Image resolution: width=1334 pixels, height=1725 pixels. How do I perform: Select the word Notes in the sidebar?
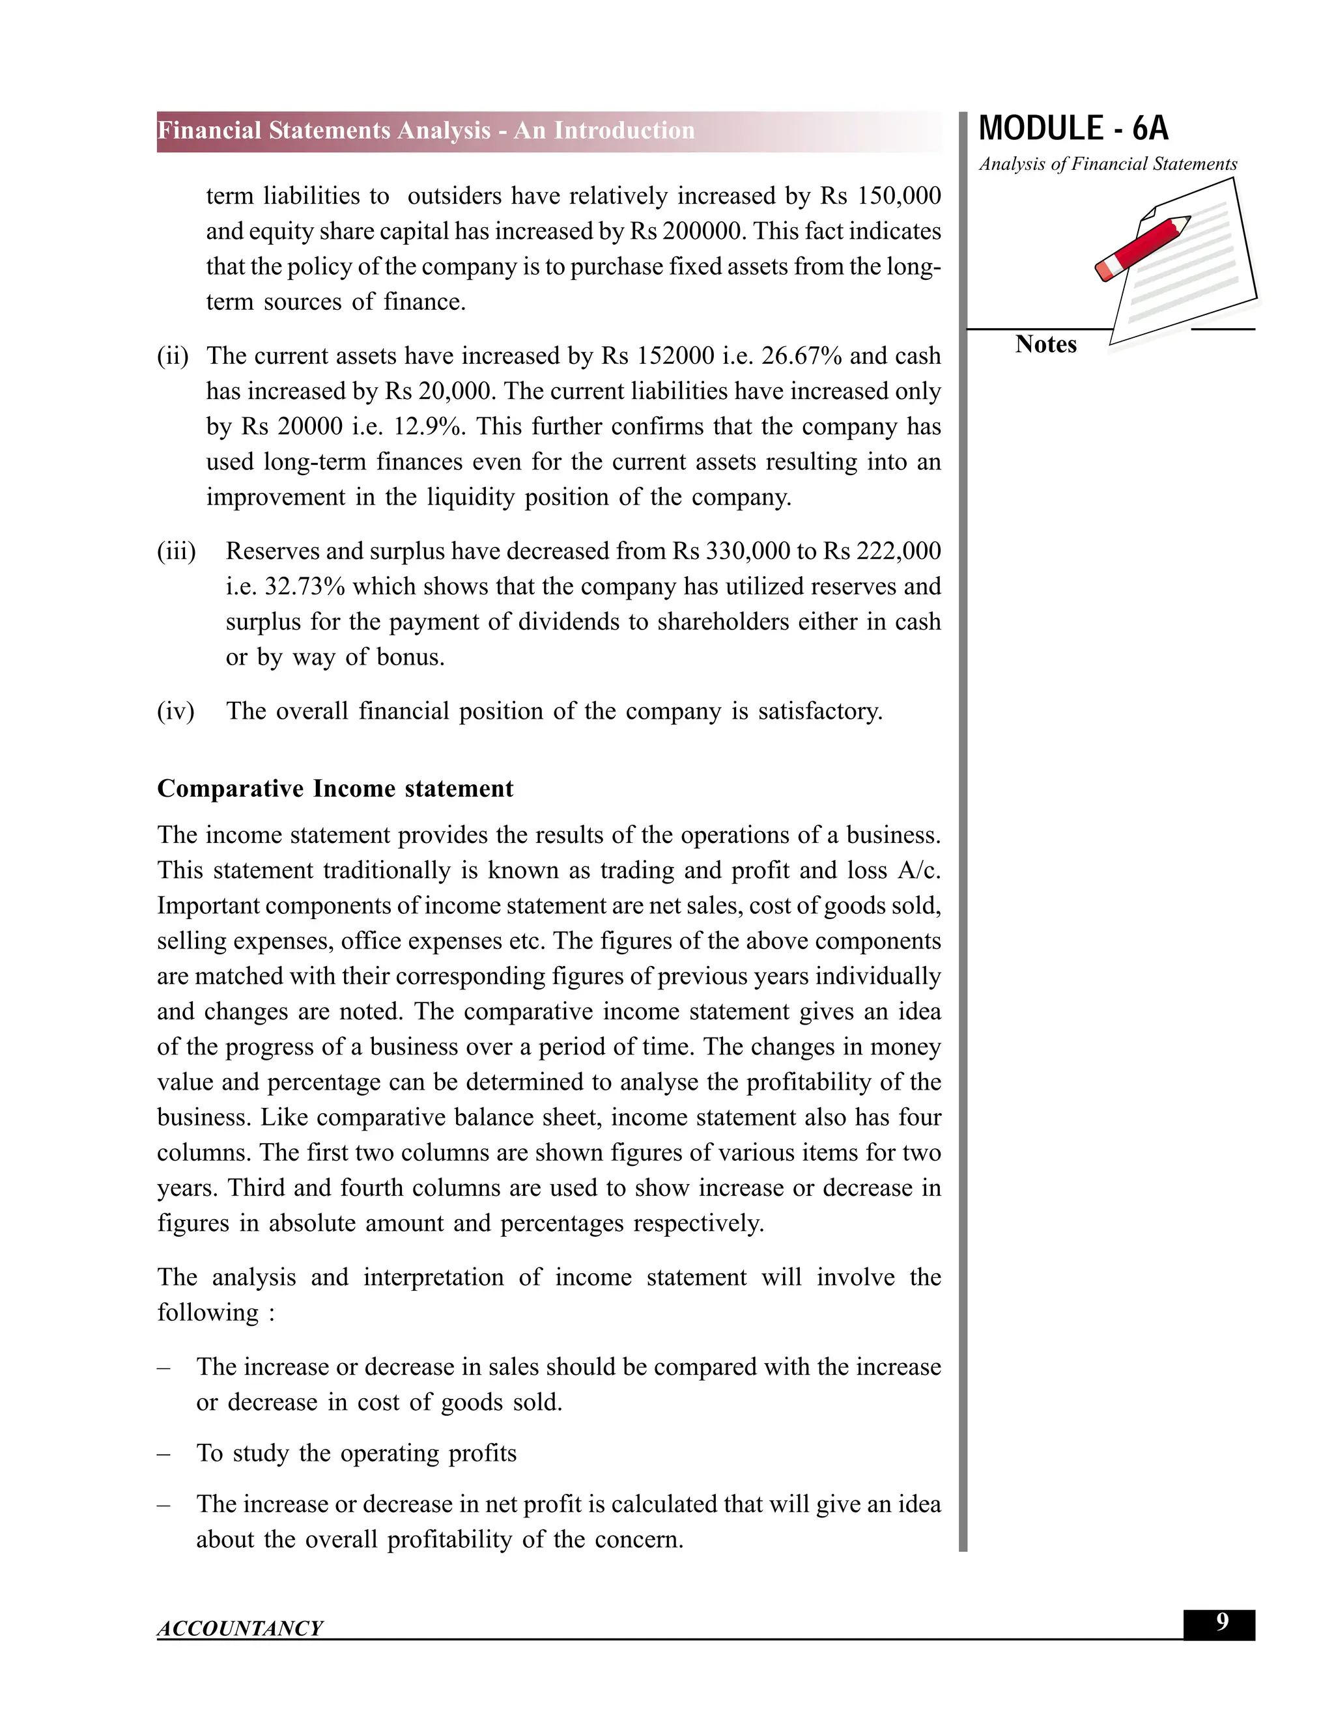pos(1045,344)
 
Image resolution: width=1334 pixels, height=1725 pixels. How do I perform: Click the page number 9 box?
pos(1221,1623)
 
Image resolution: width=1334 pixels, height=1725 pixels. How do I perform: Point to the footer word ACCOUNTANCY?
pos(240,1629)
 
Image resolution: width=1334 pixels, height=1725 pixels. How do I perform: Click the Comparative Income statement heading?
pos(335,788)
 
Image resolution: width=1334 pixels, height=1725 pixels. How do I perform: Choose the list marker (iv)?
pos(175,711)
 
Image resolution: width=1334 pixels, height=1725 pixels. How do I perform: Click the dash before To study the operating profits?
pos(163,1454)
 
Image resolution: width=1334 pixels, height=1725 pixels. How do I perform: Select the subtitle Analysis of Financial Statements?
pos(1107,164)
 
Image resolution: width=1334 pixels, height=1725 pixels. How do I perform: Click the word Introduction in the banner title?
pos(623,130)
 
